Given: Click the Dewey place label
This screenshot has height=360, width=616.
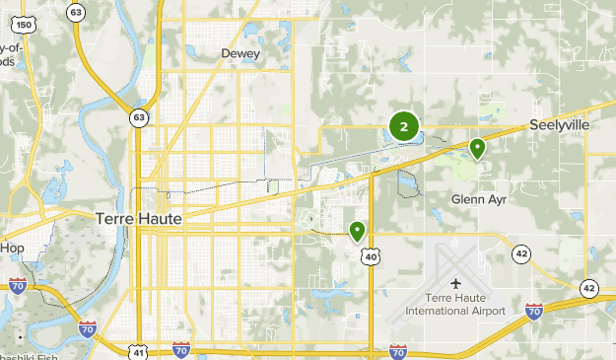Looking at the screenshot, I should [x=240, y=53].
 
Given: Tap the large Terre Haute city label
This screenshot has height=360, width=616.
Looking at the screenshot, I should [x=139, y=219].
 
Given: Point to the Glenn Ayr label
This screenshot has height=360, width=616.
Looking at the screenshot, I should [x=477, y=198].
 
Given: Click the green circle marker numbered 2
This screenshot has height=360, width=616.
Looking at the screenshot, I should [x=404, y=127].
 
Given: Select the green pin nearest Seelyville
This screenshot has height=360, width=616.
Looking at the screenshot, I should [x=477, y=149].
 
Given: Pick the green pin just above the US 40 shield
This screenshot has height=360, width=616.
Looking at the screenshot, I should [x=357, y=231].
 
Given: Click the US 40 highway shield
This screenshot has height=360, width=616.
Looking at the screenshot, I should [x=371, y=256].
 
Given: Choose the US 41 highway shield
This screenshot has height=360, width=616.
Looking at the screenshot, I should [x=139, y=352].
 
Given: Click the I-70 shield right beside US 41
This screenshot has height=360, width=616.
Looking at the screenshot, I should [x=180, y=350].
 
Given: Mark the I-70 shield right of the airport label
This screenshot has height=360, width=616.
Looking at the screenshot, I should [x=534, y=311].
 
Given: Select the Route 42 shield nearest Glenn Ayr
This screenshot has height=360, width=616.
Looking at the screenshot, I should [x=521, y=255].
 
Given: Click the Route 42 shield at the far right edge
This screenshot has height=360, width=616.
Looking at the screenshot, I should [x=588, y=288].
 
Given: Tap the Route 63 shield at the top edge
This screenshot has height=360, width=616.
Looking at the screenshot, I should [x=76, y=11].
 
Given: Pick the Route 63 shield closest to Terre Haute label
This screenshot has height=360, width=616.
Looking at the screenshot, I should [x=139, y=118].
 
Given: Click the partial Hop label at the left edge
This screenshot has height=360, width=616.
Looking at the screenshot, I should [x=12, y=248].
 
